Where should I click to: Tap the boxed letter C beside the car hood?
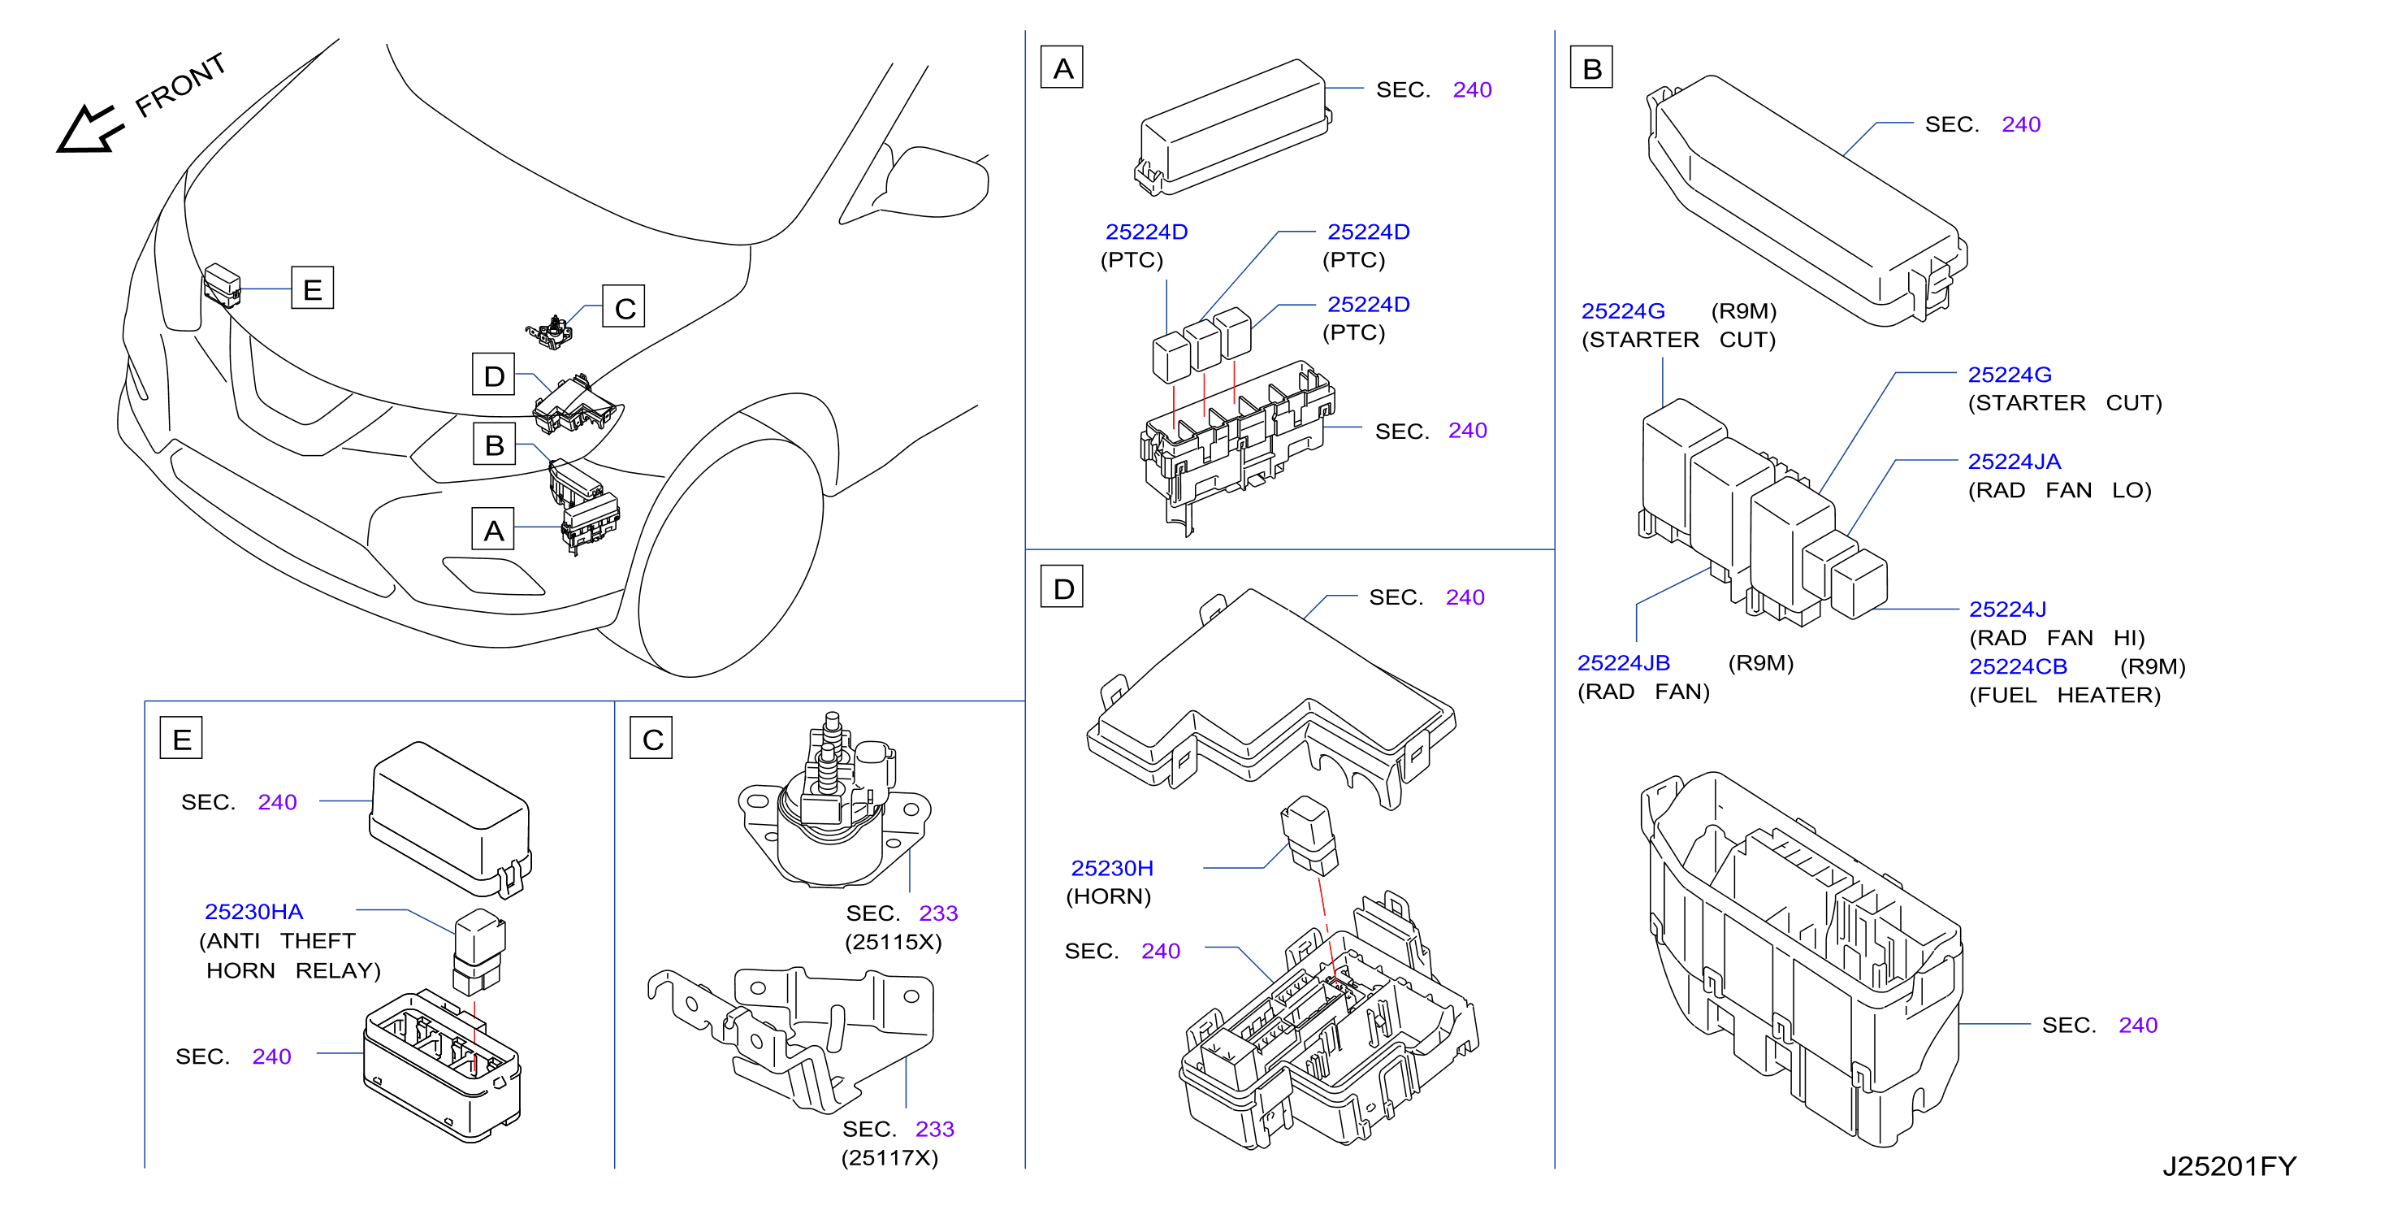pos(624,307)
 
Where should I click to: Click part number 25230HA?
pos(253,911)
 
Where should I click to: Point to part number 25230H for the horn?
pos(1112,867)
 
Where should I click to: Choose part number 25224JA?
pos(2014,461)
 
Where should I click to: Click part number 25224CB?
pos(2017,666)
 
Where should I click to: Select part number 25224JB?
pos(1623,662)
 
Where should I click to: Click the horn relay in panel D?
pos(1309,835)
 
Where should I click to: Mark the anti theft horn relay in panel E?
pos(478,950)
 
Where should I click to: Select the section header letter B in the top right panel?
pos(1591,67)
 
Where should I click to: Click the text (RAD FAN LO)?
pos(2059,490)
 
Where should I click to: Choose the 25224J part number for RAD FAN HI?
pos(2007,609)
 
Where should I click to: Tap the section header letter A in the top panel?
pos(1062,67)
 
